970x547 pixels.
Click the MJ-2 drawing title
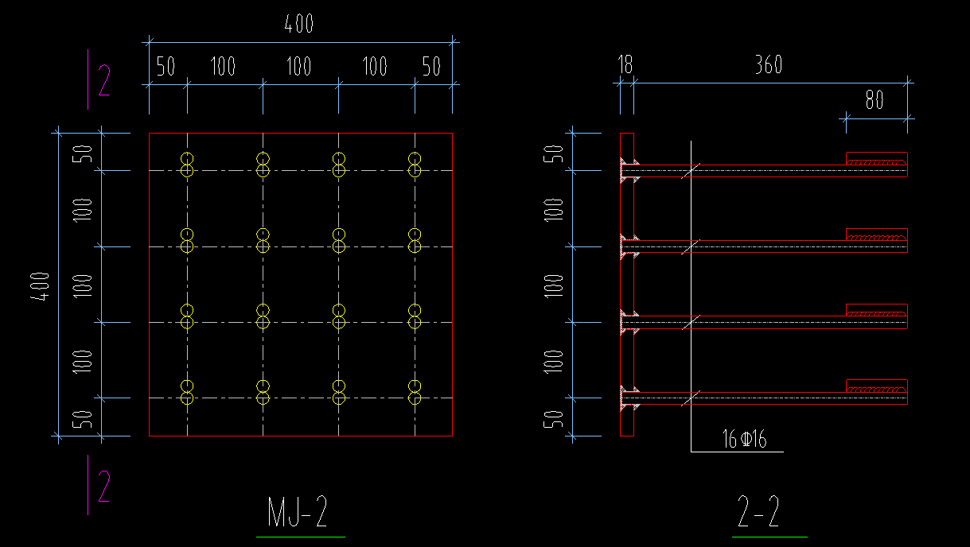coord(298,513)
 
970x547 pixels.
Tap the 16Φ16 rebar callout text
coord(744,440)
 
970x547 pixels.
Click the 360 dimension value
coord(768,65)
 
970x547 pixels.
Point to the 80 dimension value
coord(874,101)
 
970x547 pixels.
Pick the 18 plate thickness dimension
coord(625,65)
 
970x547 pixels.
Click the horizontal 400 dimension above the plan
coord(298,25)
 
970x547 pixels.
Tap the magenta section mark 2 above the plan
coord(103,81)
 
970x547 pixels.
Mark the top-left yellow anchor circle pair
coord(187,164)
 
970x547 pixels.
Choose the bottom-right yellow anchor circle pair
coord(414,392)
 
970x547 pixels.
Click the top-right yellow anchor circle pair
coord(414,164)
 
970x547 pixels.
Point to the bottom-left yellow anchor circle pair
coord(187,392)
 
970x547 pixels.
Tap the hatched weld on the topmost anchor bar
coord(875,164)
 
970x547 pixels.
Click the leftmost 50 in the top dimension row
coord(165,67)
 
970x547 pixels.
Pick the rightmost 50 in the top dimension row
coord(431,67)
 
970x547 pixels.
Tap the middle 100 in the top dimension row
coord(298,67)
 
